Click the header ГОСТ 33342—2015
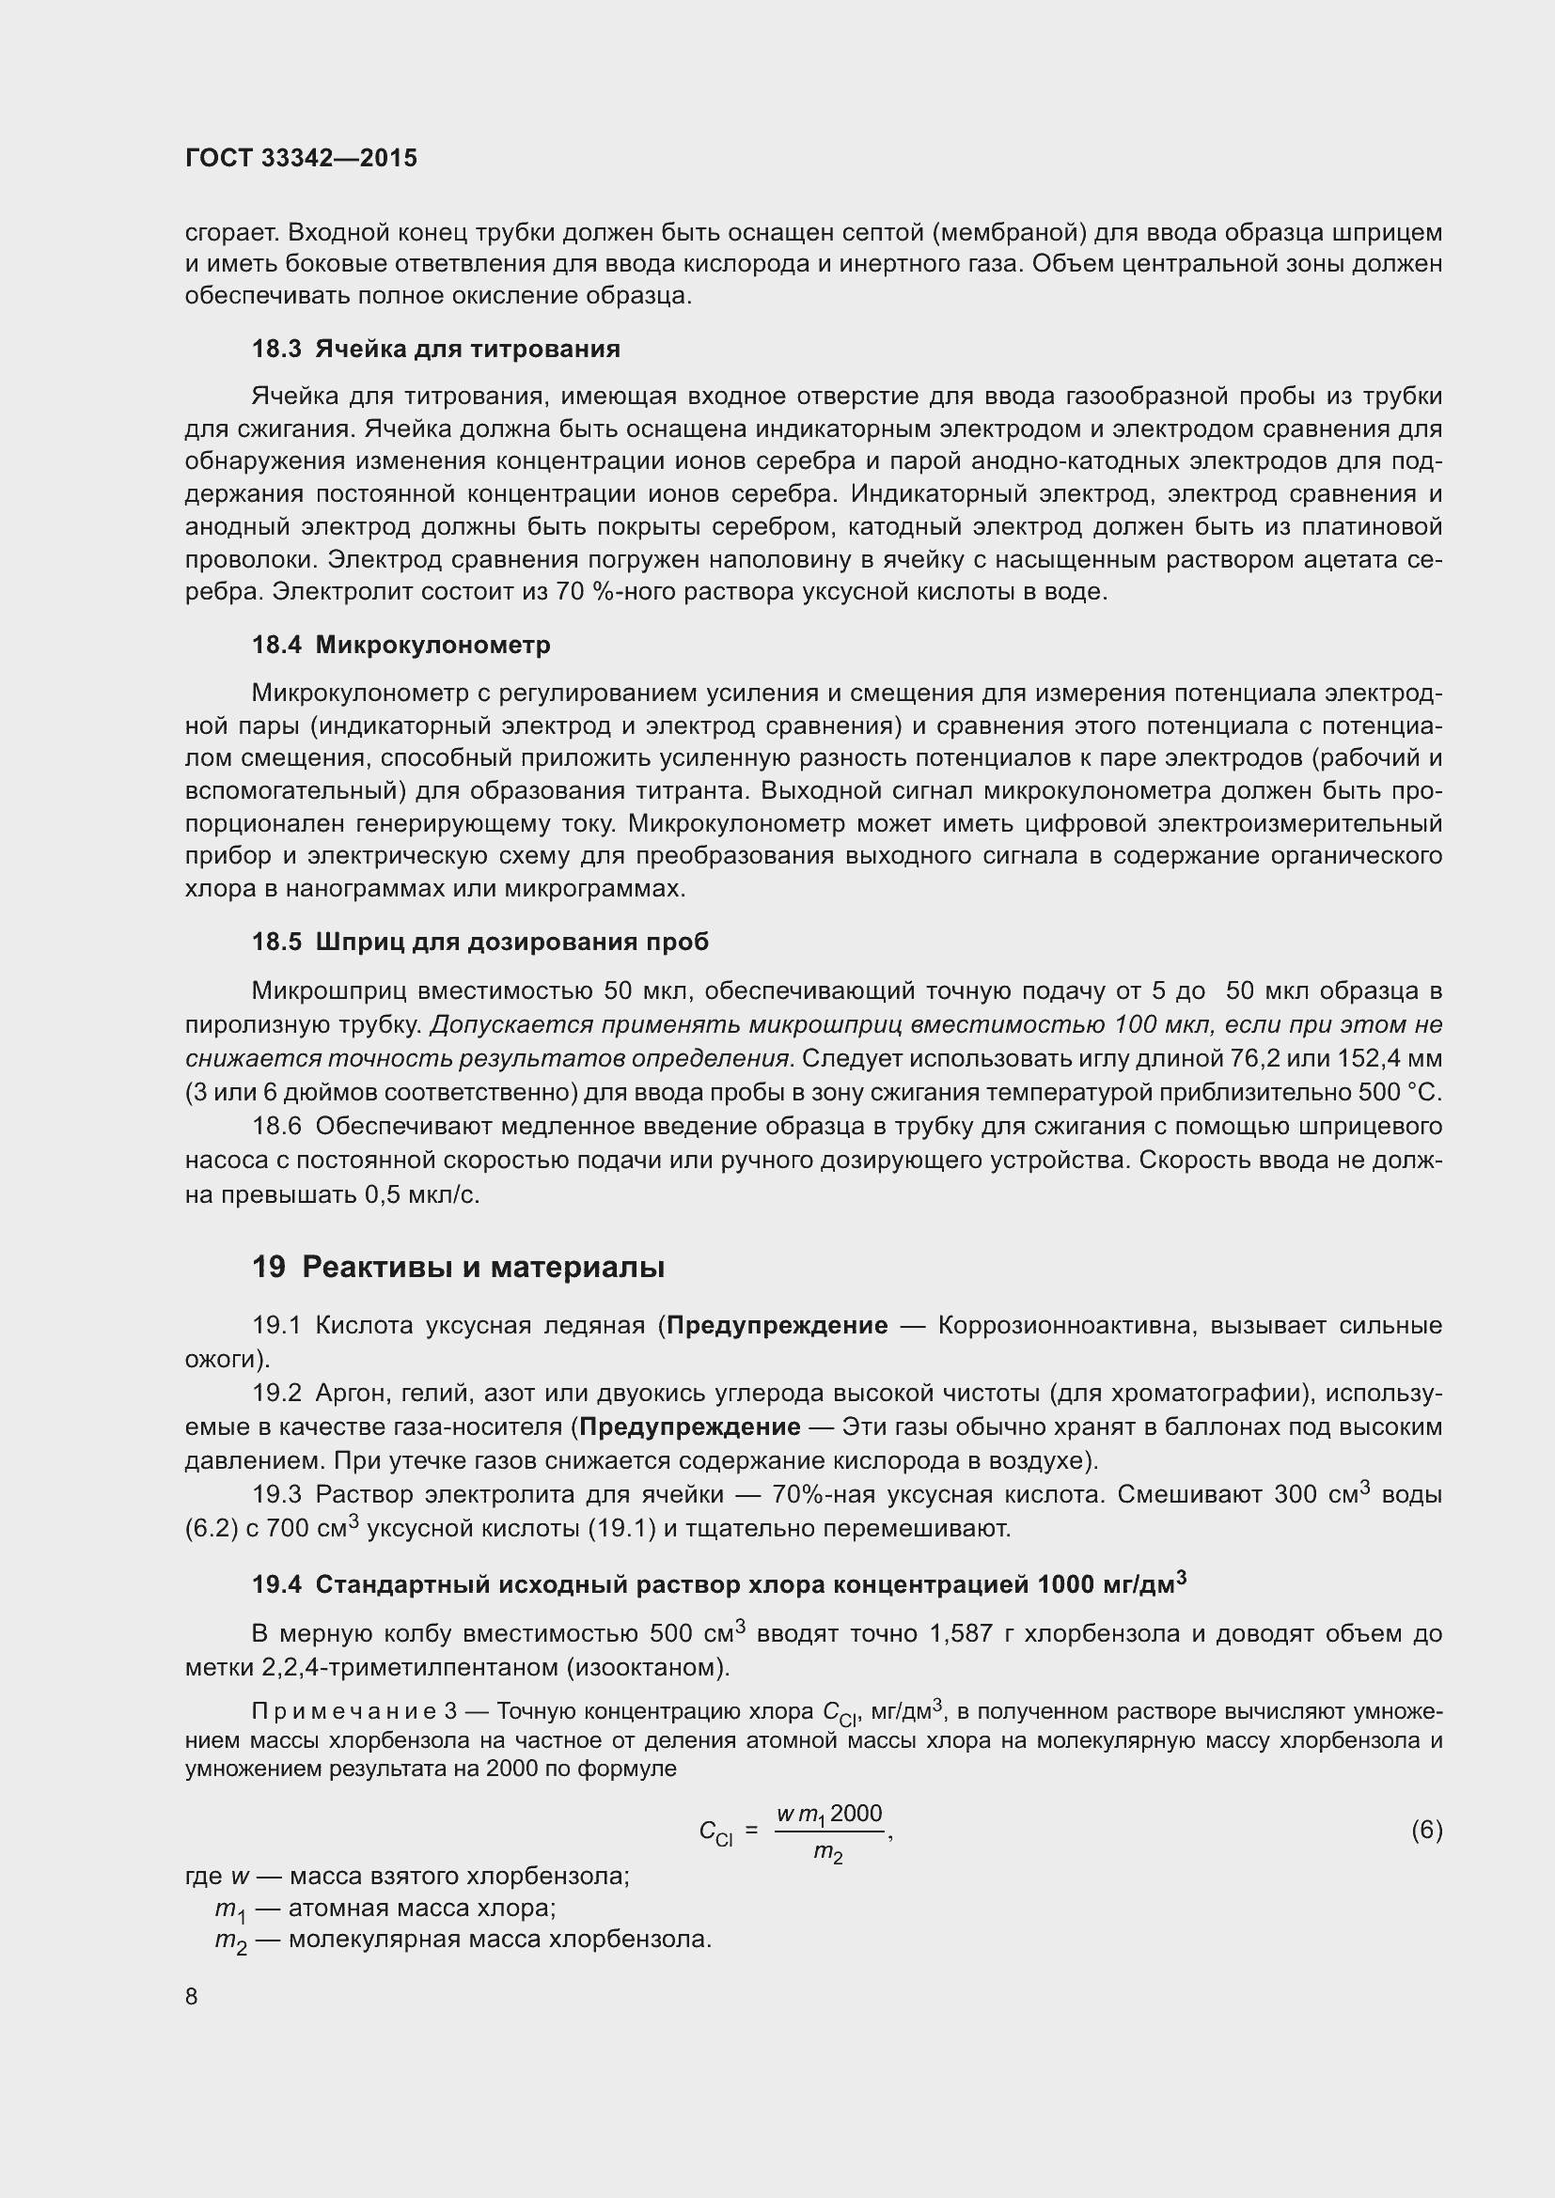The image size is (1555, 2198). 301,158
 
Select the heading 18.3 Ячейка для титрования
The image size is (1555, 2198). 435,349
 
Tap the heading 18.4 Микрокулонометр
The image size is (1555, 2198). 401,646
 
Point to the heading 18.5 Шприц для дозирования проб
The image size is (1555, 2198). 479,942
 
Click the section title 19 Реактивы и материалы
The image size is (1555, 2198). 458,1267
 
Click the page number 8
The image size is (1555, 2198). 192,1997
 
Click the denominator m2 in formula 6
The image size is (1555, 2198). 828,1853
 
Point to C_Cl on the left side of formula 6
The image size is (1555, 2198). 715,1832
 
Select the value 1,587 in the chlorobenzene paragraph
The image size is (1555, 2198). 962,1633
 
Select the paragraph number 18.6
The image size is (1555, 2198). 276,1126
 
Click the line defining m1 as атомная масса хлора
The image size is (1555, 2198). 385,1907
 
